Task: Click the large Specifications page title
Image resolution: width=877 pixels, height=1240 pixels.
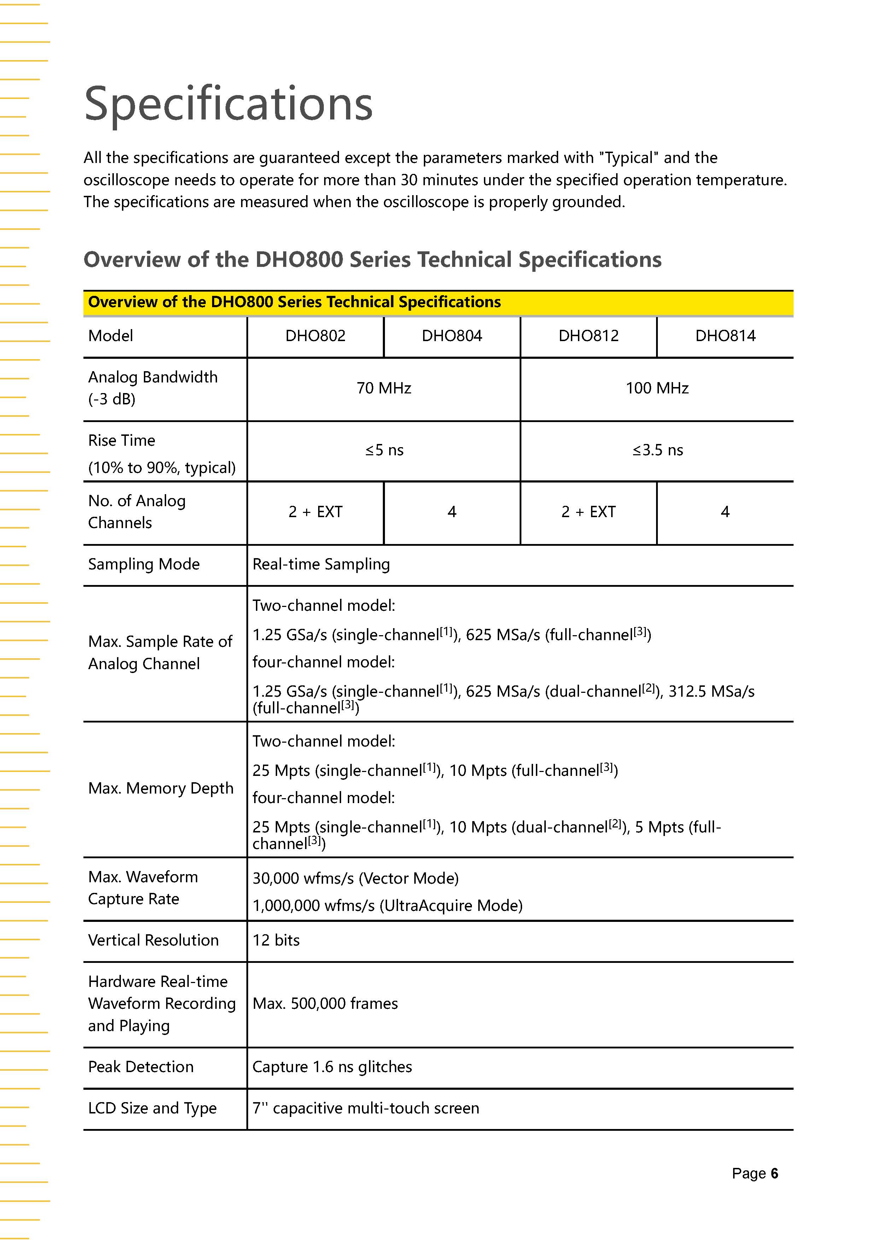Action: tap(228, 103)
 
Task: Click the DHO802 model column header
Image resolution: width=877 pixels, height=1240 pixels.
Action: tap(315, 336)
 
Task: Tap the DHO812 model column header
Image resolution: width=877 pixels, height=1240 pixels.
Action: tap(588, 336)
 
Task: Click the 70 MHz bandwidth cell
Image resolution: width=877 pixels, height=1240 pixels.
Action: tap(384, 388)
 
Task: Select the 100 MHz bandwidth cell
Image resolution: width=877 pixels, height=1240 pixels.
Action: tap(657, 388)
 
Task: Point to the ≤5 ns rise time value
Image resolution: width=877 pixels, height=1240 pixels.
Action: tap(384, 450)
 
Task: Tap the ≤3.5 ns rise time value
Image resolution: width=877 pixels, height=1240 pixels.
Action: tap(657, 450)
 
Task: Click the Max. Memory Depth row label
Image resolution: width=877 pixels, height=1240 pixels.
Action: tap(160, 789)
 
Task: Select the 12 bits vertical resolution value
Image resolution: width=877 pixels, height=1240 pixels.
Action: tap(276, 940)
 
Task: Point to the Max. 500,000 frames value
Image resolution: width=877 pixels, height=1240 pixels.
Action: tap(325, 1004)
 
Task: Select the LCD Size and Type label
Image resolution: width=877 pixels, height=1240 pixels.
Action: tap(152, 1108)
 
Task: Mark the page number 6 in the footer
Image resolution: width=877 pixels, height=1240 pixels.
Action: tap(774, 1174)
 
